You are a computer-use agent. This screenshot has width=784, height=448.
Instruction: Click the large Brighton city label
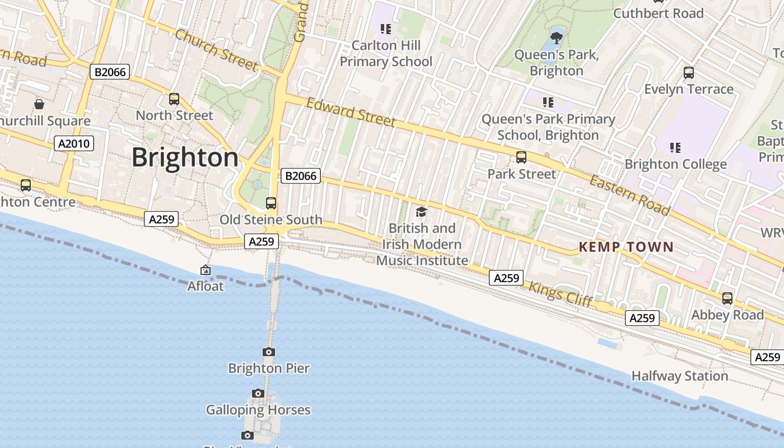pyautogui.click(x=185, y=157)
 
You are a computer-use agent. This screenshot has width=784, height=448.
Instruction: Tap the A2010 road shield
pyautogui.click(x=74, y=144)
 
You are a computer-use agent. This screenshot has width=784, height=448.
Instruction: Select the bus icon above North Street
pyautogui.click(x=174, y=99)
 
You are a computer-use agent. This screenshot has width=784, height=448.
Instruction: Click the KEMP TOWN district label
pyautogui.click(x=626, y=247)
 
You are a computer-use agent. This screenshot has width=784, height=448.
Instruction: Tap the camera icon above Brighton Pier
pyautogui.click(x=269, y=352)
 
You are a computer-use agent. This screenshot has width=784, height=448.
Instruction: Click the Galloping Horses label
pyautogui.click(x=258, y=410)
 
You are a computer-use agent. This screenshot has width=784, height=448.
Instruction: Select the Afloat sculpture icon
pyautogui.click(x=206, y=270)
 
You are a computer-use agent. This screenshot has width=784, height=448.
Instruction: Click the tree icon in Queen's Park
pyautogui.click(x=556, y=38)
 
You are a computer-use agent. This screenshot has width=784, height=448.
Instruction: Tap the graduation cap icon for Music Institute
pyautogui.click(x=421, y=212)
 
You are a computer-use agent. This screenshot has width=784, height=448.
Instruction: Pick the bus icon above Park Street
pyautogui.click(x=521, y=157)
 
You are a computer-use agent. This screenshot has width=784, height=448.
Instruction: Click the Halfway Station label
pyautogui.click(x=680, y=376)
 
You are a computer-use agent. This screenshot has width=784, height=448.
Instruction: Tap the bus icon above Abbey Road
pyautogui.click(x=727, y=298)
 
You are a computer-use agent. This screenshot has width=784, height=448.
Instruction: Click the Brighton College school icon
pyautogui.click(x=675, y=148)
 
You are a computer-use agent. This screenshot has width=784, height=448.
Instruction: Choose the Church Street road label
pyautogui.click(x=216, y=50)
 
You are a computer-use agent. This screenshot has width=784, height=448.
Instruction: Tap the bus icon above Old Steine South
pyautogui.click(x=271, y=203)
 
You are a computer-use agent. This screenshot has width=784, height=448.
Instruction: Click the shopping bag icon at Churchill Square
pyautogui.click(x=39, y=104)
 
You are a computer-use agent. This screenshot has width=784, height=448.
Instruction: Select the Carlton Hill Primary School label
pyautogui.click(x=386, y=53)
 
